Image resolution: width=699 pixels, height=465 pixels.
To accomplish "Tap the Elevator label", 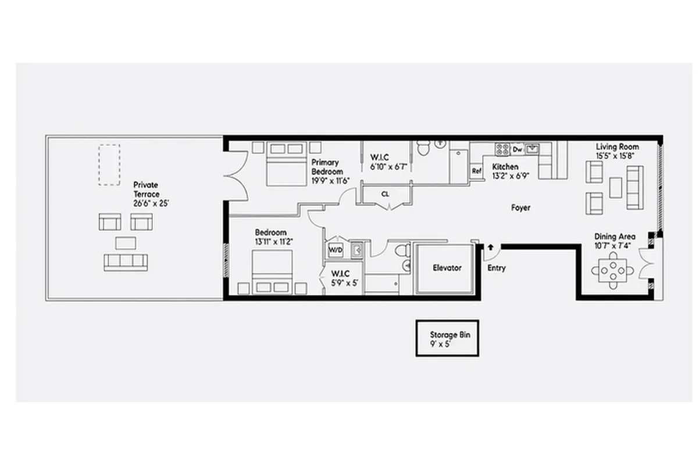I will pos(447,268).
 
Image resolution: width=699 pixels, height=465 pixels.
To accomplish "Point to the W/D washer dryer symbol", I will pos(336,250).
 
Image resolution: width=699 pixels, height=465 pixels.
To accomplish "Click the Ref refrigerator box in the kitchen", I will pos(477,171).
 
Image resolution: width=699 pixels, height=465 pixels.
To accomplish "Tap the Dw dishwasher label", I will pos(517,150).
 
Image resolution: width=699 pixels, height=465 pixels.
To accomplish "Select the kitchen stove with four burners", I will pos(502,149).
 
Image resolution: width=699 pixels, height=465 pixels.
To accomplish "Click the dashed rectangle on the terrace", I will pos(109,164).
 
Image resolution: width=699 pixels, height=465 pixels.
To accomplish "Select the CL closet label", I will pos(385,194).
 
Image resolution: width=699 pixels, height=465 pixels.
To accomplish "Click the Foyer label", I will pos(520,208).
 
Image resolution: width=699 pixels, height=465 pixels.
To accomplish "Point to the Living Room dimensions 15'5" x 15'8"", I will pos(617,156).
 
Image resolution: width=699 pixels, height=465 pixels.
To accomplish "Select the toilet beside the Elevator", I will pos(401,251).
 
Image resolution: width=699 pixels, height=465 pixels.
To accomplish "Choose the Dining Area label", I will pos(615,237).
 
